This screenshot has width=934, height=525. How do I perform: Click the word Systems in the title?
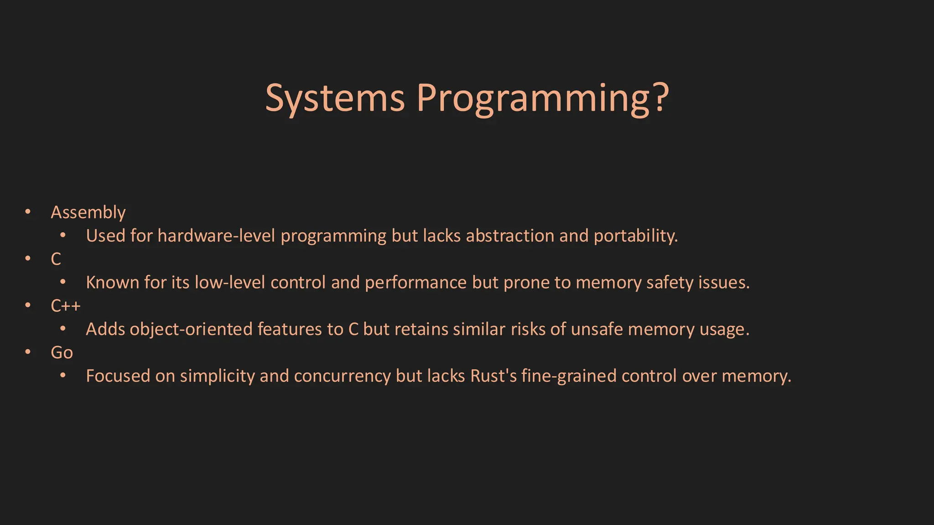pyautogui.click(x=335, y=98)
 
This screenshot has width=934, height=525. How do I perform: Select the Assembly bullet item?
pyautogui.click(x=88, y=212)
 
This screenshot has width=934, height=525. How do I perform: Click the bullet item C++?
pyautogui.click(x=66, y=305)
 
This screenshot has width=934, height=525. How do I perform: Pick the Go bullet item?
pyautogui.click(x=62, y=352)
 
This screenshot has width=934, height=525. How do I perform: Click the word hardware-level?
pyautogui.click(x=216, y=236)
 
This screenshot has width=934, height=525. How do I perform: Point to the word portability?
pyautogui.click(x=635, y=236)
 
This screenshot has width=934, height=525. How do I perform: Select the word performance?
pyautogui.click(x=415, y=283)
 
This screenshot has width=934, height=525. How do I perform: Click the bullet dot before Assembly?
pyautogui.click(x=28, y=212)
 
